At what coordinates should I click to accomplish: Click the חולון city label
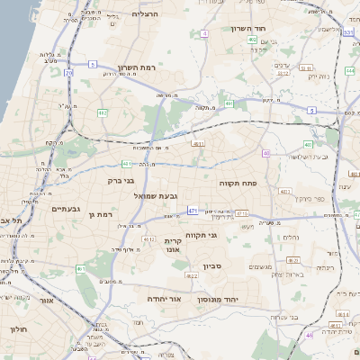[20, 329]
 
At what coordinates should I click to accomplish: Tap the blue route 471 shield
[192, 210]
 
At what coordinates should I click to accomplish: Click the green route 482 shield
[103, 112]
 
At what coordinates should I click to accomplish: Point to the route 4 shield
[204, 33]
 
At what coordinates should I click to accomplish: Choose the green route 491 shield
[229, 103]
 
